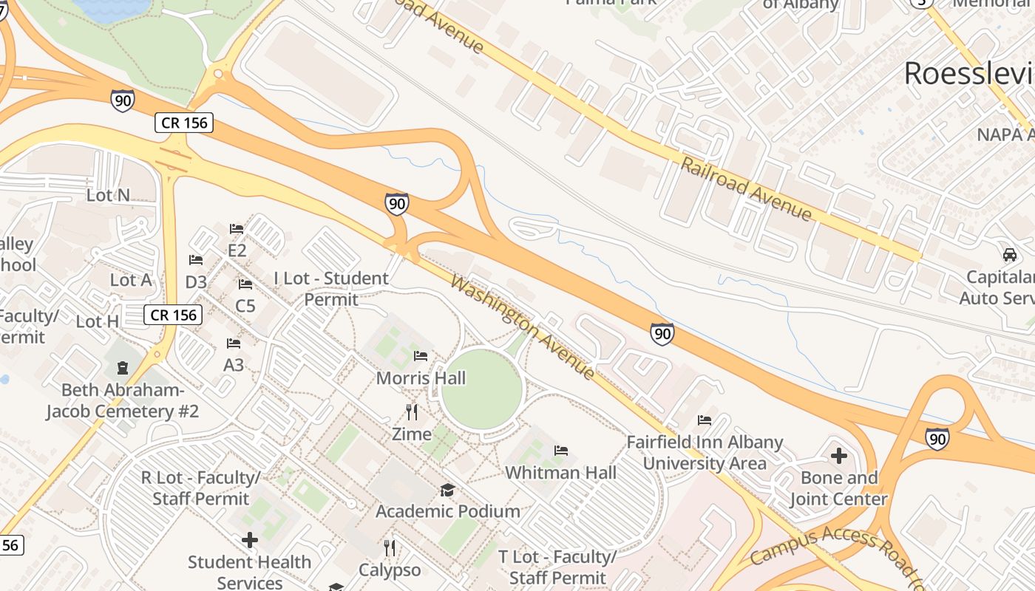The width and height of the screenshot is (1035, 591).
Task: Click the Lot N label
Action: [x=108, y=195]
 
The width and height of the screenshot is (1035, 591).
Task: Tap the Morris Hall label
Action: [x=421, y=378]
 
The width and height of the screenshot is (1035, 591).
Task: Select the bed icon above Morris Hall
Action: [x=421, y=356]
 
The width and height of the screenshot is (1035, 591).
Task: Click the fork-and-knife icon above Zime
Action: [x=412, y=411]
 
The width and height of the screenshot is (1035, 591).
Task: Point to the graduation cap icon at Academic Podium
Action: [x=447, y=490]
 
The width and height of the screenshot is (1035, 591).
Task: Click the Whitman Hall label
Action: [x=560, y=472]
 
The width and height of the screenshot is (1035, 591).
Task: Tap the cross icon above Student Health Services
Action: [x=250, y=540]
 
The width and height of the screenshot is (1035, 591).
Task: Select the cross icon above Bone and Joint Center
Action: [x=839, y=455]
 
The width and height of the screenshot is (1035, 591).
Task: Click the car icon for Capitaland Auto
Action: [x=1010, y=254]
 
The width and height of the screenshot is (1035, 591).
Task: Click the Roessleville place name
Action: [x=968, y=74]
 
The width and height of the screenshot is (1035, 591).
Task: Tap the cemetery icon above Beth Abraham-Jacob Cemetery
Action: [x=123, y=367]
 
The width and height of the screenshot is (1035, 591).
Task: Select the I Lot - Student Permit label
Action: [x=330, y=289]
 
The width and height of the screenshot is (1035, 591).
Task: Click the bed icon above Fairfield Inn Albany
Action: [x=705, y=420]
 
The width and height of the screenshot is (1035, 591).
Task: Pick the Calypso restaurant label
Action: [x=390, y=570]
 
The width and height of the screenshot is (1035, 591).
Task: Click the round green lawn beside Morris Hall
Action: [x=482, y=389]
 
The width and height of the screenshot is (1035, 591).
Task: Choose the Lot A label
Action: [x=131, y=280]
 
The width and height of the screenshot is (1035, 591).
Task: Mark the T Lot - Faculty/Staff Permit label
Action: [x=557, y=567]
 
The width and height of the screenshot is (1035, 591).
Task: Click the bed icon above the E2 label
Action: [x=237, y=228]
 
